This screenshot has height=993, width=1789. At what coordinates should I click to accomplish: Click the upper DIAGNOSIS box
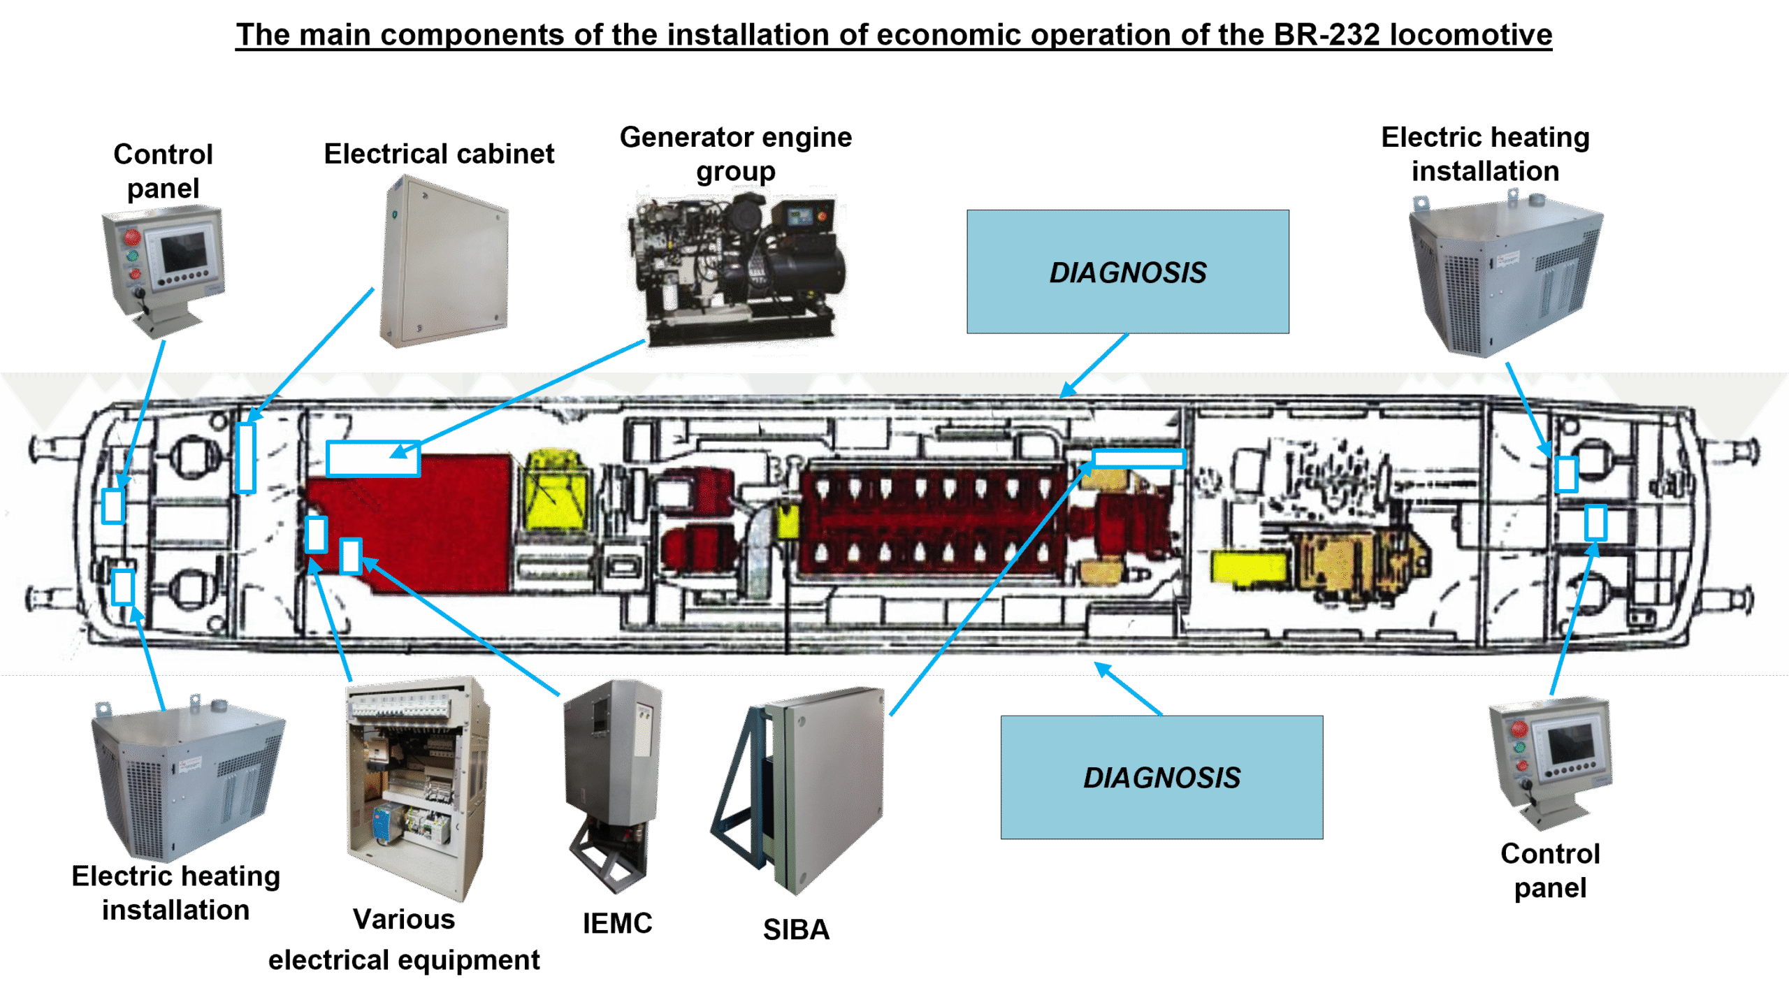click(x=1127, y=271)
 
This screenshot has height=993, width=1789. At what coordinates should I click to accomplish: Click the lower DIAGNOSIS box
click(x=1161, y=777)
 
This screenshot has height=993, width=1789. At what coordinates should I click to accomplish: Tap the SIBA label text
click(x=796, y=929)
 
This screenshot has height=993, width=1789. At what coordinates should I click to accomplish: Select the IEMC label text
click(x=617, y=923)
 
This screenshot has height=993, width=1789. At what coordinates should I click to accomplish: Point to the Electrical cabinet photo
click(x=444, y=261)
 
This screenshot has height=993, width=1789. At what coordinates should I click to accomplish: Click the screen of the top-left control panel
click(x=184, y=252)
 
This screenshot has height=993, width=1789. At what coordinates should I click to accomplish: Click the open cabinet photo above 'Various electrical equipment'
click(x=418, y=788)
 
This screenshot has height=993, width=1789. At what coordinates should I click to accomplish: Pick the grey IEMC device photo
click(x=613, y=786)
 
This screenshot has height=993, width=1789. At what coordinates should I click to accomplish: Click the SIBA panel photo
click(x=798, y=790)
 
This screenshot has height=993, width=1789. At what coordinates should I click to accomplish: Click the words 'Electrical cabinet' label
click(x=439, y=154)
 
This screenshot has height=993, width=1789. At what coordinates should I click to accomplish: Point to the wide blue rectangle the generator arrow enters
click(x=373, y=458)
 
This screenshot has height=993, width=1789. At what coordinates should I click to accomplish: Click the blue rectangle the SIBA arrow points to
click(x=1139, y=458)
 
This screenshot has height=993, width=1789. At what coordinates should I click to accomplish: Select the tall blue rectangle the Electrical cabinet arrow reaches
click(x=245, y=458)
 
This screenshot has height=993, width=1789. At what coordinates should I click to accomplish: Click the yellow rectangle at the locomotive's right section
click(x=1247, y=566)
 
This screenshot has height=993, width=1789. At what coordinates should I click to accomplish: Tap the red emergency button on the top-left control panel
click(x=133, y=237)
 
